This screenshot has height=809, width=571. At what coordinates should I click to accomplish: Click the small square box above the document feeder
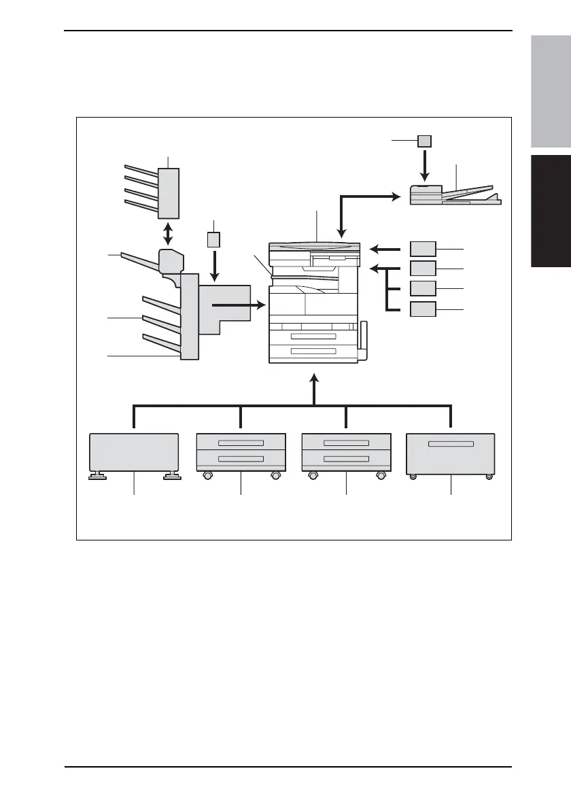point(423,141)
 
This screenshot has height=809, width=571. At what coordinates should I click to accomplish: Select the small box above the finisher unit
point(214,240)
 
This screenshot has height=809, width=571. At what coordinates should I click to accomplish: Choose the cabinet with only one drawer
point(450,454)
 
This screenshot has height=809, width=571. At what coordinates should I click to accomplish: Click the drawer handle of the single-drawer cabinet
point(451,444)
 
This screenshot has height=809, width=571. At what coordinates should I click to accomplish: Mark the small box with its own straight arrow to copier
point(423,248)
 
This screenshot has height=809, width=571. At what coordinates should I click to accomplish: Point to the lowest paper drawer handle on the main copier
point(313,351)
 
